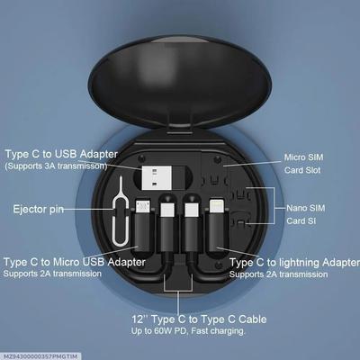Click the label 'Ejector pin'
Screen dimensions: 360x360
(x=38, y=209)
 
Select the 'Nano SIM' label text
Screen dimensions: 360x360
(x=304, y=206)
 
